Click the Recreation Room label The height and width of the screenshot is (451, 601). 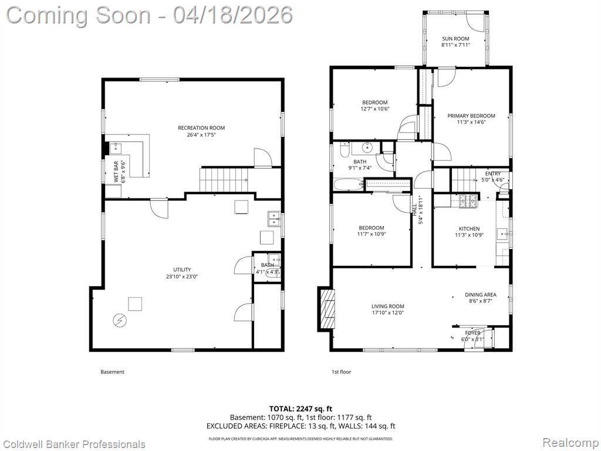point(201,127)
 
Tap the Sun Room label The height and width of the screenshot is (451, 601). point(455,39)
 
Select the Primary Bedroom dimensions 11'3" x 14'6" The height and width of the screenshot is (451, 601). point(471,122)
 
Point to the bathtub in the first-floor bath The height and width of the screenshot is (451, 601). point(349,184)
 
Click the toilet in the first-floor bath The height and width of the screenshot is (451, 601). point(345,149)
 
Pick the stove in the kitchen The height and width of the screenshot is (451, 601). point(468,201)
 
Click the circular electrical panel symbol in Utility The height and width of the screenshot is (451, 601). point(119,320)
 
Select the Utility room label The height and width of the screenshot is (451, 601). point(182,270)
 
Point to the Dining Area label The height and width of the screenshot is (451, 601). point(480,295)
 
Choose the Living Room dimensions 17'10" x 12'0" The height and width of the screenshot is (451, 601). point(388,312)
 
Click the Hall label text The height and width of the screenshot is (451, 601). point(414,209)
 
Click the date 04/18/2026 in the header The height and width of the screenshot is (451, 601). point(232,15)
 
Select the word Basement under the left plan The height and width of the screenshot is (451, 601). point(112,372)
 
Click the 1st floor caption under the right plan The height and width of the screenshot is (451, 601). point(341,372)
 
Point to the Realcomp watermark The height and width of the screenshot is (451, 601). point(570,442)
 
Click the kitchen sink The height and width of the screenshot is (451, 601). point(502,233)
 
